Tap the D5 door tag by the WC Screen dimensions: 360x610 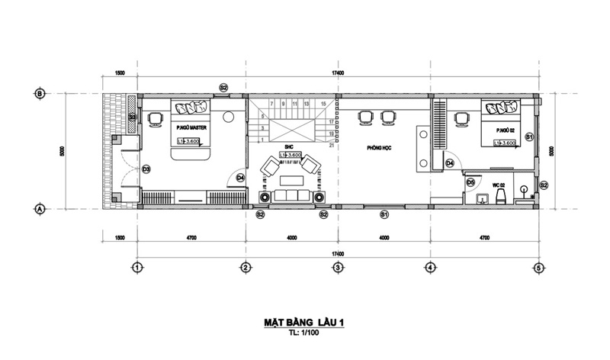coord(470,182)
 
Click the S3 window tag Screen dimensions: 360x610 coord(133,117)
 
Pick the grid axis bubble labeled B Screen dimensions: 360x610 coord(40,94)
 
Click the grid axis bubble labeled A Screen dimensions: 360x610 coord(40,207)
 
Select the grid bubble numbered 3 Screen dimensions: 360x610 coord(336,268)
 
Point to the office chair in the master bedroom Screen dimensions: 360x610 coord(156,117)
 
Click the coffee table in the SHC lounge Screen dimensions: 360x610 coord(291,181)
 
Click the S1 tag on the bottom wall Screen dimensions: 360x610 coord(385,215)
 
